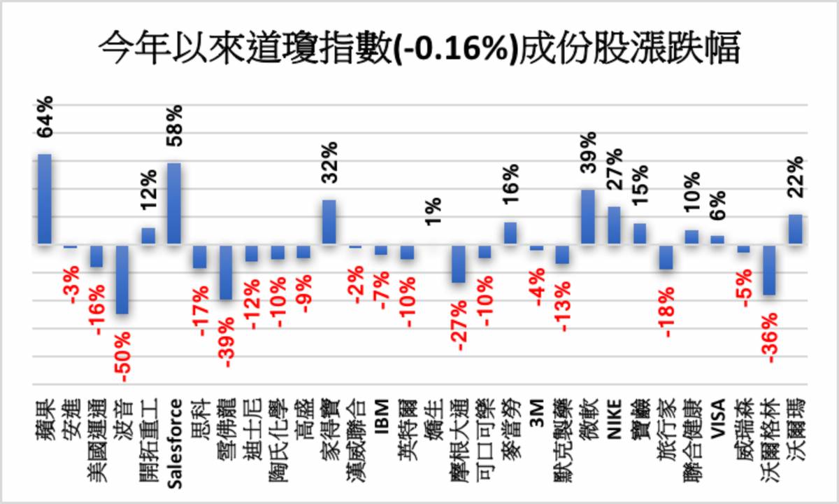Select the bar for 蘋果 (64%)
click(x=45, y=199)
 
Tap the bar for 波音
click(x=122, y=279)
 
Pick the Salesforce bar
click(x=174, y=204)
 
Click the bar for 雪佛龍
click(x=226, y=272)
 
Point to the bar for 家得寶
click(x=329, y=222)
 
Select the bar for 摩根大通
click(x=459, y=264)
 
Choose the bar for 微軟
click(x=588, y=217)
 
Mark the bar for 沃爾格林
click(x=769, y=270)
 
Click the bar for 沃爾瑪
click(x=795, y=230)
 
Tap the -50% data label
click(x=123, y=357)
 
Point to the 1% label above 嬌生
click(x=433, y=212)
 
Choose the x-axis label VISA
click(x=717, y=418)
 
